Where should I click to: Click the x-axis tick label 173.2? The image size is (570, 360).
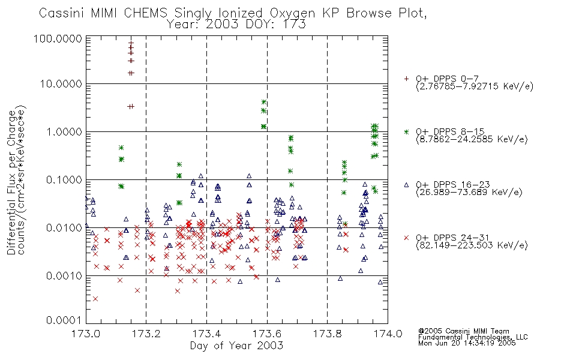(x=146, y=333)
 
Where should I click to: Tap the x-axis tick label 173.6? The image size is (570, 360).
(x=267, y=333)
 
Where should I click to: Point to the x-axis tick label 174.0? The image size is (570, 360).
(x=388, y=333)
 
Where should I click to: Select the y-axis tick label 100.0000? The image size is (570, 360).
(x=58, y=38)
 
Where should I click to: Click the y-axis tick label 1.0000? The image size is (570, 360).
(x=64, y=131)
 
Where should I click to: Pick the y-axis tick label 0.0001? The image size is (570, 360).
(x=64, y=320)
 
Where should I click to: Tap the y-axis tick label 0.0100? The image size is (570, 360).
(x=64, y=228)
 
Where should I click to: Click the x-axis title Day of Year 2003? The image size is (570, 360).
(x=236, y=346)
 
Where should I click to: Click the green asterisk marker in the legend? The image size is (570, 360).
(x=406, y=131)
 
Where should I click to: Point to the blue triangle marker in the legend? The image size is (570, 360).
(x=406, y=185)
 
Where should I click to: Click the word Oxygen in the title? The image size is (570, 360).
(x=292, y=13)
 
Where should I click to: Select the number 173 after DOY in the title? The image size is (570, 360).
(x=294, y=25)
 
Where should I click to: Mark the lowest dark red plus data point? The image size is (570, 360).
(x=131, y=106)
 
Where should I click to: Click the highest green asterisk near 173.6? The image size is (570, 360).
(x=264, y=102)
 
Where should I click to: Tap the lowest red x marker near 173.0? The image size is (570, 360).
(x=95, y=299)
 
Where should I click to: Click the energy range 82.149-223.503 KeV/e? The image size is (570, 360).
(x=472, y=245)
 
